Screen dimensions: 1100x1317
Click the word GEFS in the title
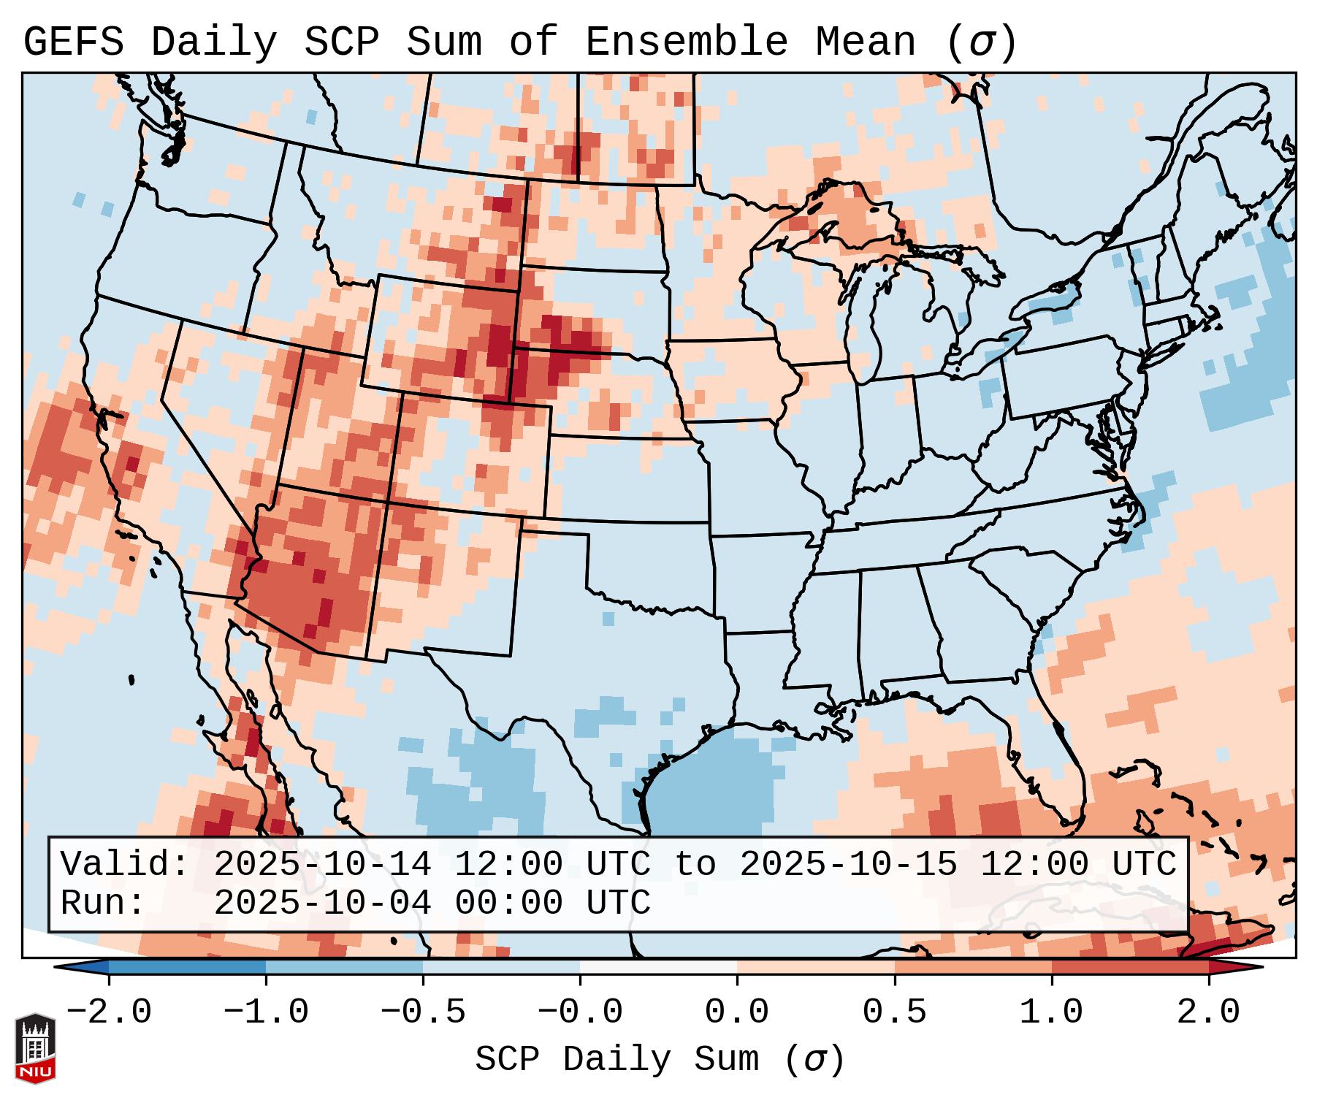73,42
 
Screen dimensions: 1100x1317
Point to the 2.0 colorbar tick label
1208,1012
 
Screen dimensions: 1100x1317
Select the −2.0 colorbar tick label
109,1012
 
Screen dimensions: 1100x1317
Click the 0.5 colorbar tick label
894,1012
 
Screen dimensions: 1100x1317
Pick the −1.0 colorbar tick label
265,1012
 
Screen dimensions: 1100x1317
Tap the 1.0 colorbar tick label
1051,1012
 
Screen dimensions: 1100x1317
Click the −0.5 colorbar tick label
423,1012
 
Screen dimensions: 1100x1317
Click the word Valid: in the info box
125,864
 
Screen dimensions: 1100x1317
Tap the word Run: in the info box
103,903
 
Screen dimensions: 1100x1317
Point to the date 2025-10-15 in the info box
848,864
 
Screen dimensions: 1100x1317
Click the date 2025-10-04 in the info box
322,903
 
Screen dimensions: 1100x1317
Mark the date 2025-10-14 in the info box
322,864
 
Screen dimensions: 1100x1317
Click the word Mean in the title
866,42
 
